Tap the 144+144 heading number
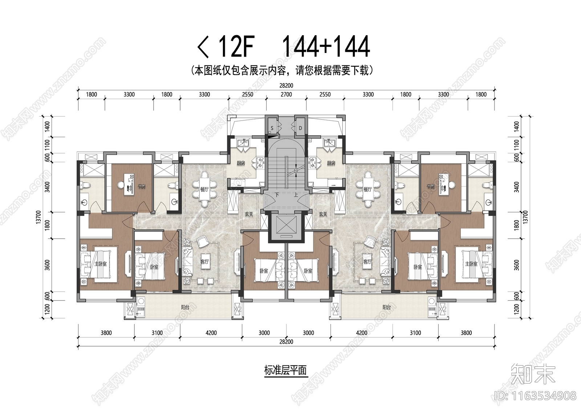326,47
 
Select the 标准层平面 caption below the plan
286,370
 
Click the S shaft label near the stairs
272,128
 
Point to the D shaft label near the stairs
300,128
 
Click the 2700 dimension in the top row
286,94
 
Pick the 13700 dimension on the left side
38,217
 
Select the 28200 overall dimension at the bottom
286,342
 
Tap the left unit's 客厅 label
205,262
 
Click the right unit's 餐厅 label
367,189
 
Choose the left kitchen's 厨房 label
241,163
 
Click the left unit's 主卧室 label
101,264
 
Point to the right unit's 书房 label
431,186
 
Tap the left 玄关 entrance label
249,214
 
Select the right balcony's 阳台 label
387,307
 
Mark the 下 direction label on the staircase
277,195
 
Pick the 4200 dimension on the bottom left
211,333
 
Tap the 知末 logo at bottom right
533,374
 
